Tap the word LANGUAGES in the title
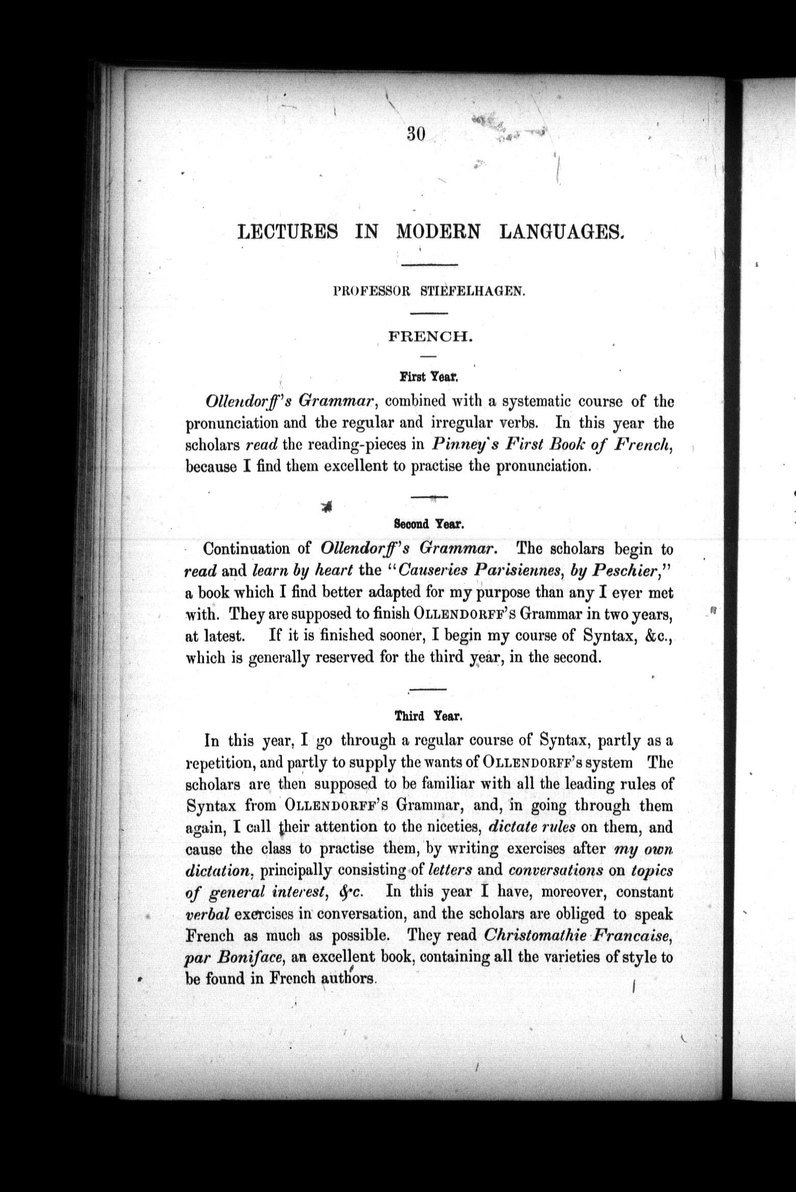[x=562, y=232]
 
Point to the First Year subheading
[x=430, y=378]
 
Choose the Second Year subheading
[x=429, y=523]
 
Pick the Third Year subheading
[x=429, y=716]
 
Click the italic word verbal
[x=204, y=914]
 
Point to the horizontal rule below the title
[x=430, y=264]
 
